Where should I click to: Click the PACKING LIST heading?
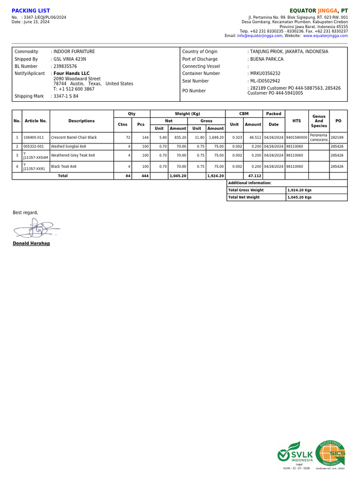pyautogui.click(x=31, y=11)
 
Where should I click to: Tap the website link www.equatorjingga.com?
pyautogui.click(x=325, y=36)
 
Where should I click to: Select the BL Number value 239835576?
pyautogui.click(x=65, y=67)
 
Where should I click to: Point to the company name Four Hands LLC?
pyautogui.click(x=71, y=74)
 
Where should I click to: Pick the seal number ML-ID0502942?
pyautogui.click(x=265, y=81)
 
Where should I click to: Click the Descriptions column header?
pyautogui.click(x=82, y=121)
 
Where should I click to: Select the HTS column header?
pyautogui.click(x=297, y=121)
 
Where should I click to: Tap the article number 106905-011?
pyautogui.click(x=33, y=138)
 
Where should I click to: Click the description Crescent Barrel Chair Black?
pyautogui.click(x=74, y=138)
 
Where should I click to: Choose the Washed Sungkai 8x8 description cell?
pyautogui.click(x=68, y=147)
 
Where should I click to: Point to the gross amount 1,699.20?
pyautogui.click(x=216, y=138)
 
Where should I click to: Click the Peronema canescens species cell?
pyautogui.click(x=319, y=137)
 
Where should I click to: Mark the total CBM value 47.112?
pyautogui.click(x=255, y=176)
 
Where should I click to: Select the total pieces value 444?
pyautogui.click(x=145, y=176)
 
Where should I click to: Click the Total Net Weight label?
pyautogui.click(x=244, y=197)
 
